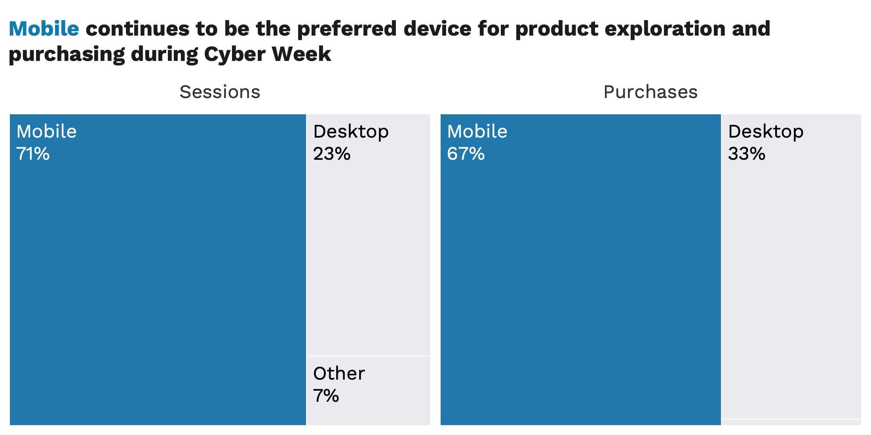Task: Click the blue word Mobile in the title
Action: coord(44,28)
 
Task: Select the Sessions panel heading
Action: coord(220,92)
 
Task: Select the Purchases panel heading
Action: coord(650,92)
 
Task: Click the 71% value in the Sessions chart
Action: coord(33,154)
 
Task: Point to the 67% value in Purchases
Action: coord(466,154)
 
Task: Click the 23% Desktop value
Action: coord(332,154)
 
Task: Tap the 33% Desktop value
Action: coord(747,154)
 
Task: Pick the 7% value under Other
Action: coord(326,396)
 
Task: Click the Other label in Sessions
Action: coord(339,373)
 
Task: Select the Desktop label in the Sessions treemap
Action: coord(351,132)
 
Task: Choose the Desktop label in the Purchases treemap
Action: coord(766,132)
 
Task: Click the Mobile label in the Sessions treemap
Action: coord(46,131)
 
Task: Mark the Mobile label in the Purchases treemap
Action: coord(477,131)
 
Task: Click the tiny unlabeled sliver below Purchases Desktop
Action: coord(791,422)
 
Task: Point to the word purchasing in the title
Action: coord(67,55)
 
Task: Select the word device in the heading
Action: coord(437,28)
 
